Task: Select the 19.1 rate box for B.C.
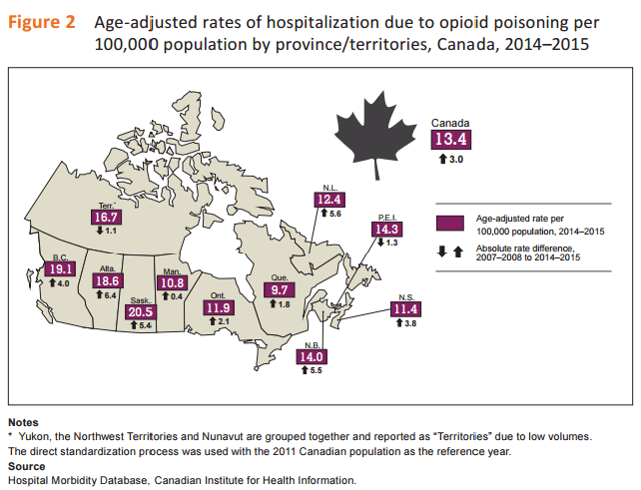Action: [x=61, y=268]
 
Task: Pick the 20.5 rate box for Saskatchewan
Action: [x=142, y=311]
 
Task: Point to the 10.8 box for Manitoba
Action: [x=173, y=282]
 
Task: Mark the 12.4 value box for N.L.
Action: [x=329, y=200]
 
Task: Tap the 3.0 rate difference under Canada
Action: [x=451, y=159]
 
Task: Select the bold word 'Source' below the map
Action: [x=26, y=466]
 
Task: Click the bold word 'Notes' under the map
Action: [x=24, y=422]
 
